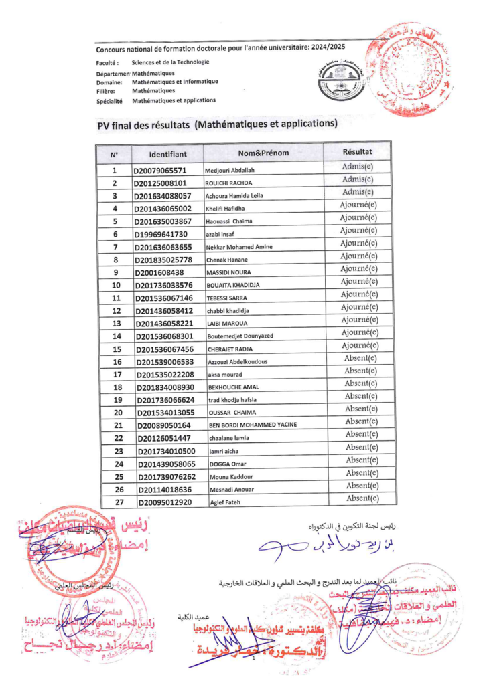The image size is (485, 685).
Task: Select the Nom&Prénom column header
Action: pos(263,153)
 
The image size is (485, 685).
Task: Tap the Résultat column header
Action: pos(357,152)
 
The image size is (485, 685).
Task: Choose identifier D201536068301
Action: pos(169,336)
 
